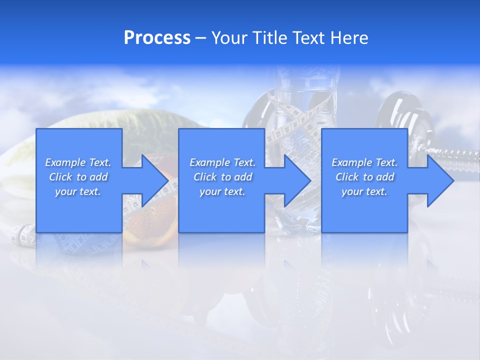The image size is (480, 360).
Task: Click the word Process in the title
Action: [x=157, y=38]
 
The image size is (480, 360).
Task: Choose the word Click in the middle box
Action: [x=205, y=177]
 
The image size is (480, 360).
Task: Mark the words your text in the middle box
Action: [x=222, y=191]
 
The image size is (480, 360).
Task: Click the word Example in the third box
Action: [x=352, y=162]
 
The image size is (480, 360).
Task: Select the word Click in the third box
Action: [x=347, y=177]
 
